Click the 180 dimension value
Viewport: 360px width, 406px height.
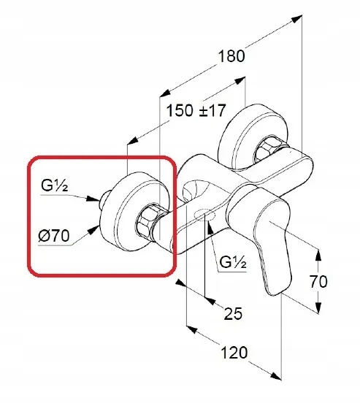tap(231, 56)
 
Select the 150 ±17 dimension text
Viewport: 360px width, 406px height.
tap(196, 110)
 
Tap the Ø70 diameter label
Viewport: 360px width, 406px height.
tap(54, 236)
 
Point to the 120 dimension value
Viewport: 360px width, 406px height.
tap(234, 353)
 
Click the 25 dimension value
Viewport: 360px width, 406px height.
tap(233, 313)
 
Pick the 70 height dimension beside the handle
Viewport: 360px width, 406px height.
tap(318, 281)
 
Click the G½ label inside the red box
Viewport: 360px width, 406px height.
tap(54, 185)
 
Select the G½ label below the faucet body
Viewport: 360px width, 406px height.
tap(233, 261)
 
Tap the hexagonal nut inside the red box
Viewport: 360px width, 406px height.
tap(147, 221)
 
